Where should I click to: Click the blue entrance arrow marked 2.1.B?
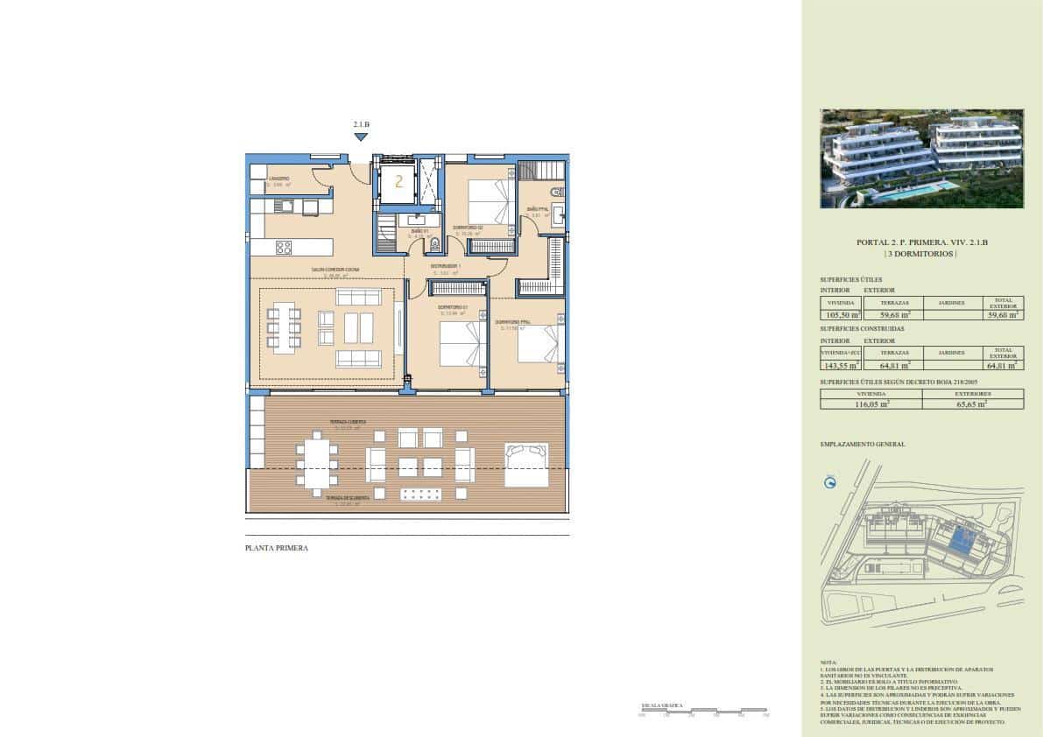pos(361,137)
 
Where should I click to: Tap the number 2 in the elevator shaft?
pos(398,182)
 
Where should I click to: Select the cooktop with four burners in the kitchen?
pos(284,247)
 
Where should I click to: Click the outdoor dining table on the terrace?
pos(316,462)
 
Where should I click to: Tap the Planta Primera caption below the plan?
pos(277,549)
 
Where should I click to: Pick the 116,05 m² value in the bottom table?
pos(871,404)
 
